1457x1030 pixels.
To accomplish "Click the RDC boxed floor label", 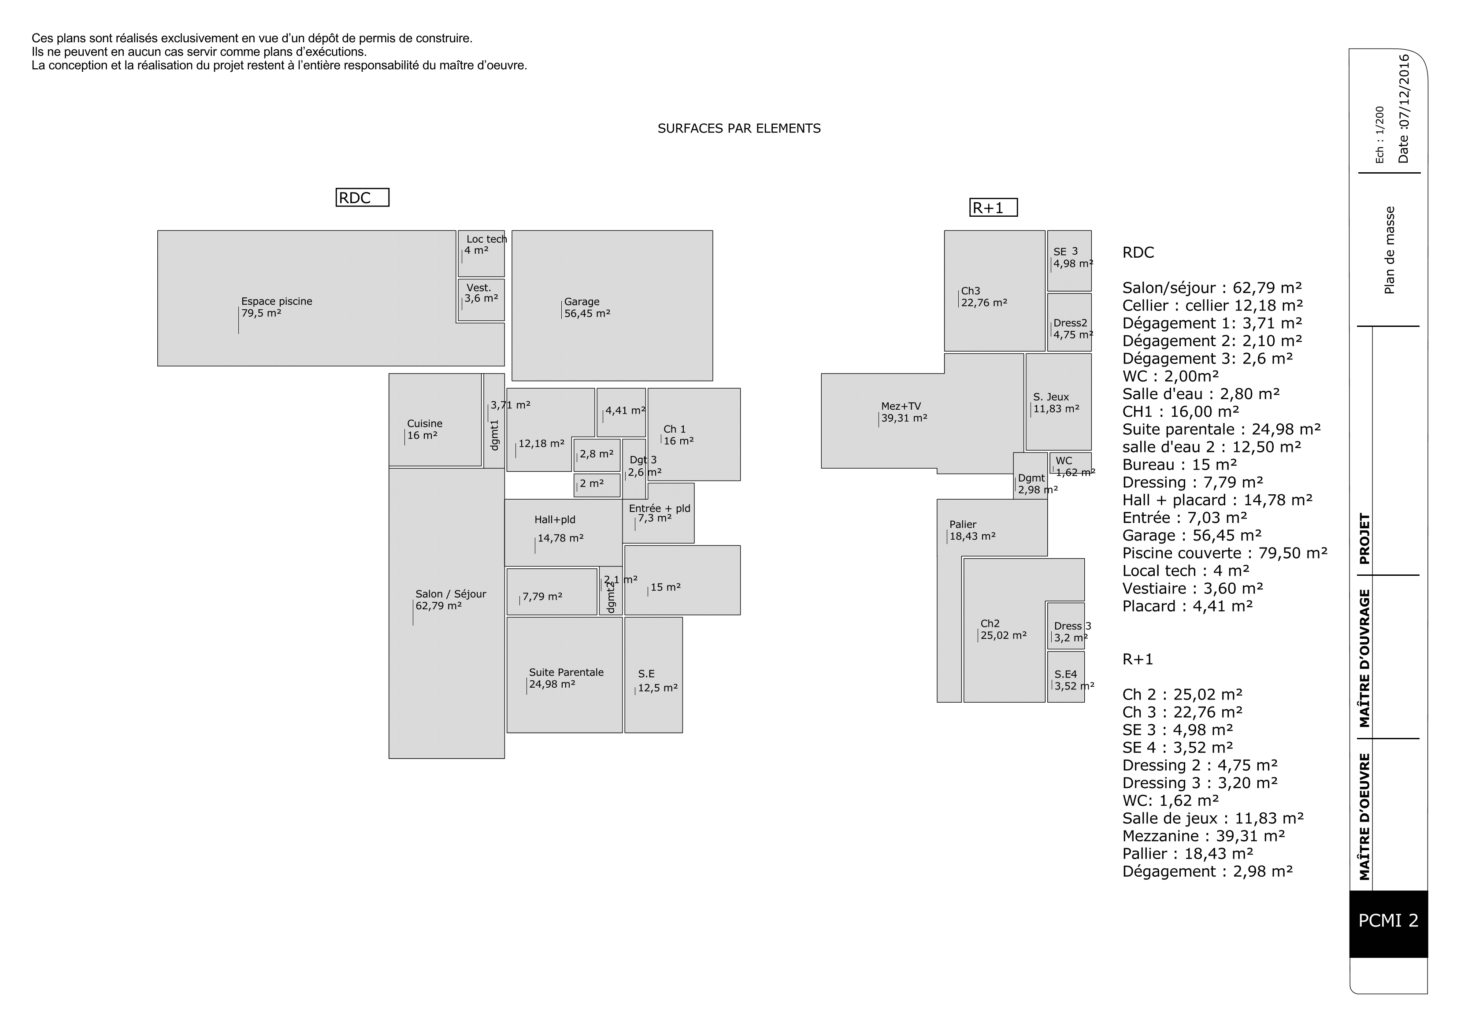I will pos(362,198).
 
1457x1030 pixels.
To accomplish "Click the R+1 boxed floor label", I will pos(993,208).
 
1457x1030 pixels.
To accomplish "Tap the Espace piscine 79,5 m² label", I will pos(277,307).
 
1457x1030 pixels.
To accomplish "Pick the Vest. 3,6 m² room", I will pos(481,299).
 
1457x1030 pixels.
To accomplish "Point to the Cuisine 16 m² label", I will pos(425,430).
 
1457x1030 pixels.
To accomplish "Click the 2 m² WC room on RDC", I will pos(597,485).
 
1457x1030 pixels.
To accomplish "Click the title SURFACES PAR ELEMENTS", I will pos(739,129).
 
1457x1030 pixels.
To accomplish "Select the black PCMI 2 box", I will pos(1388,920).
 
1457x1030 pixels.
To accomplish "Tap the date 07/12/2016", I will pos(1404,108).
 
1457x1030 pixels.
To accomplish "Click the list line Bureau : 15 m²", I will pos(1179,464).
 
